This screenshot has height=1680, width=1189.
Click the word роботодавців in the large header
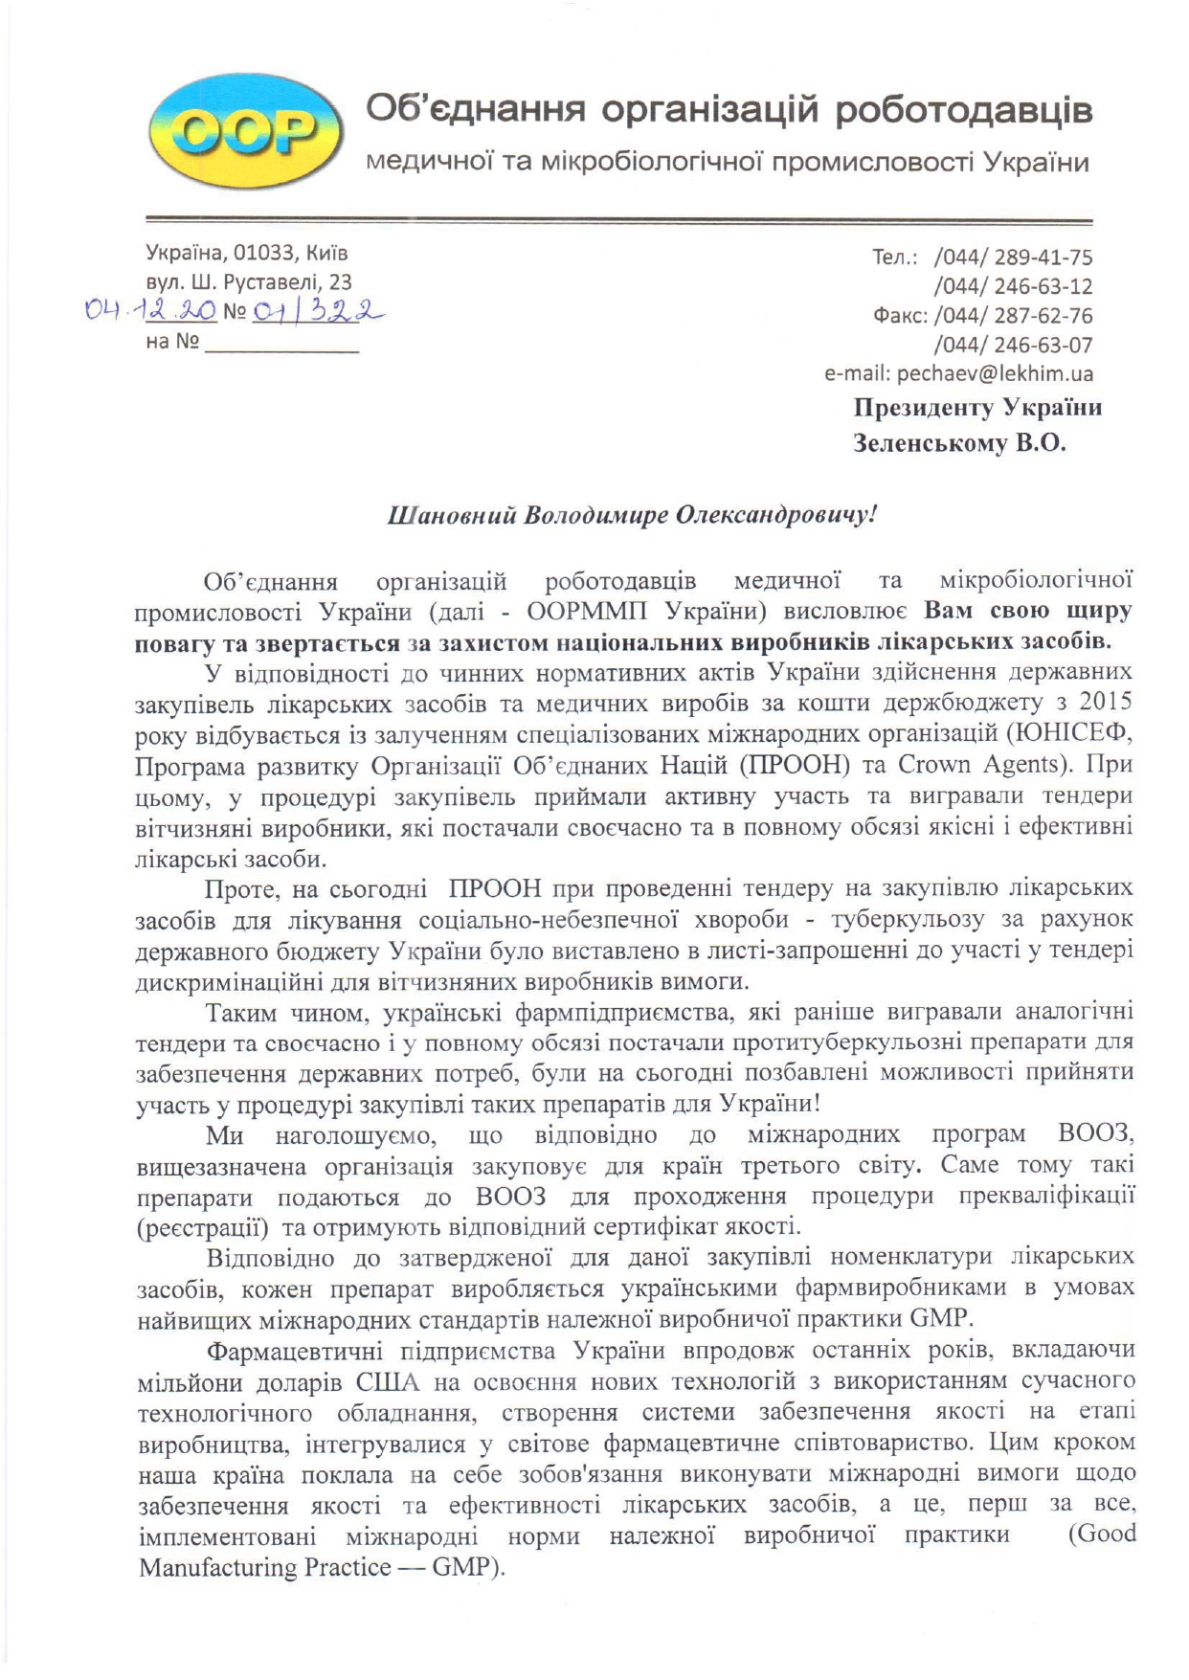click(963, 111)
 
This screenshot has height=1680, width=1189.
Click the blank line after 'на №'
click(281, 343)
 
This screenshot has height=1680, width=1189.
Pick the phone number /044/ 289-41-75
click(1013, 258)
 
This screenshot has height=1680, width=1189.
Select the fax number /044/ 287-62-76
click(1013, 316)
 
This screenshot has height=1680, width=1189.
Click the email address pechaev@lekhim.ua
click(996, 373)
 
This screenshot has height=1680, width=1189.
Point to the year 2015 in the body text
click(1105, 702)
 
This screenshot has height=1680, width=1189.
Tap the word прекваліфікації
click(1043, 1196)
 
